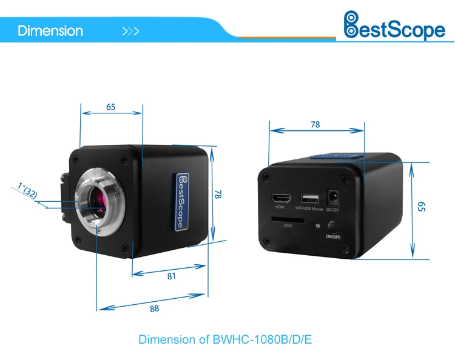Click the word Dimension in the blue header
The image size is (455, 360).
(x=50, y=30)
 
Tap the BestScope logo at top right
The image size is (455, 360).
(x=394, y=26)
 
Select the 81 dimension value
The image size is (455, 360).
(x=171, y=276)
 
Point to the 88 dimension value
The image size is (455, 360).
(x=154, y=308)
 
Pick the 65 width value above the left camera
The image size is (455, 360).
(x=111, y=107)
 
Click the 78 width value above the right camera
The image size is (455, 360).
(x=315, y=125)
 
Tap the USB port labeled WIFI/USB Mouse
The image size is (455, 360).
(x=310, y=199)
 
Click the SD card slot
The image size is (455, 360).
(x=281, y=218)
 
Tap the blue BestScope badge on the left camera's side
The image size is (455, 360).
(x=180, y=202)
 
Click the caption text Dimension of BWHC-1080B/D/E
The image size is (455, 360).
(x=225, y=339)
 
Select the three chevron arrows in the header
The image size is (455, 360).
(x=130, y=31)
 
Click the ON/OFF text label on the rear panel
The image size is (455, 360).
(x=334, y=238)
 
